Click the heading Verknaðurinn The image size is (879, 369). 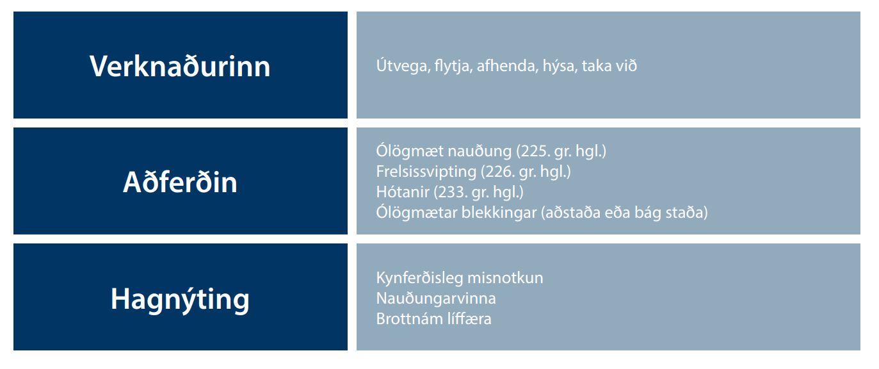coord(180,66)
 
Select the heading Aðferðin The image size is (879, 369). coord(180,182)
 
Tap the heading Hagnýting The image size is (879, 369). coord(180,300)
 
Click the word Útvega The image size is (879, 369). coord(403,65)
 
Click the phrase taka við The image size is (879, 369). coord(609,65)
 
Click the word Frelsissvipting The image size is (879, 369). coord(426,172)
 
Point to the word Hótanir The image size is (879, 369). coord(403,192)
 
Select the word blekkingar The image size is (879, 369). coord(499,213)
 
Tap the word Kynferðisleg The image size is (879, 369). coord(419,278)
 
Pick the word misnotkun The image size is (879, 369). coord(505,278)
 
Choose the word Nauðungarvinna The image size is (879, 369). coord(436,299)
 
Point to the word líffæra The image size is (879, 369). coord(470,318)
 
